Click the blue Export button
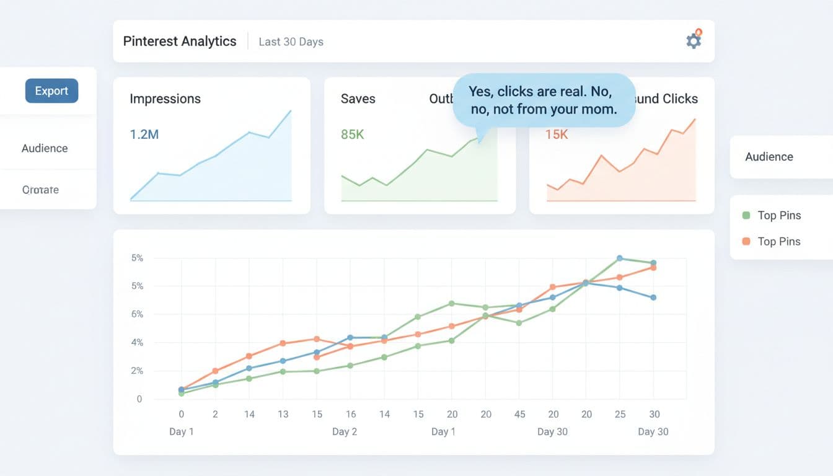tap(51, 91)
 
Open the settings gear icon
tap(694, 41)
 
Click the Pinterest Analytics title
tap(180, 42)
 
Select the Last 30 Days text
tap(291, 42)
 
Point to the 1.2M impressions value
tap(144, 134)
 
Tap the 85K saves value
tap(353, 134)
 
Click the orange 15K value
tap(556, 134)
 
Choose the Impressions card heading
tap(165, 99)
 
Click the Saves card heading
tap(358, 99)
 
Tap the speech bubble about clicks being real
tap(544, 100)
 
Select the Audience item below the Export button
tap(45, 148)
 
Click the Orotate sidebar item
tap(40, 190)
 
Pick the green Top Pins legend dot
tap(746, 215)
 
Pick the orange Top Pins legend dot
tap(746, 241)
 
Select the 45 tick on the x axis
tap(519, 414)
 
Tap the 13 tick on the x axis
tap(283, 414)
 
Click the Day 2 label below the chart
tap(344, 431)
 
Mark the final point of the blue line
tap(653, 297)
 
